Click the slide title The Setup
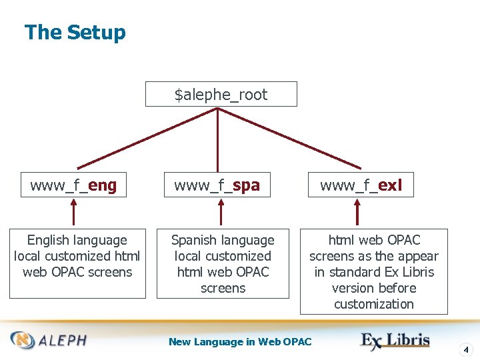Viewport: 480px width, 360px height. point(75,33)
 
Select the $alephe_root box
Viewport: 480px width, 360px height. point(221,95)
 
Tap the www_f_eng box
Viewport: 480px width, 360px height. point(73,185)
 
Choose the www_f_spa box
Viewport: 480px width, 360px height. point(217,185)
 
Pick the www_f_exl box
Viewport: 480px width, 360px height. point(361,185)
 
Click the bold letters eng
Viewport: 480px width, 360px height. point(103,186)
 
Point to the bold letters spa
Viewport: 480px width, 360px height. point(246,186)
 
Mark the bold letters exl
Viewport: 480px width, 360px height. point(390,186)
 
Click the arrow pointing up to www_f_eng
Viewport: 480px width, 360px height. point(73,213)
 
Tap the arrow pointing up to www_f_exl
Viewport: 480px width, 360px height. point(358,213)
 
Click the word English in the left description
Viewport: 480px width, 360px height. point(49,241)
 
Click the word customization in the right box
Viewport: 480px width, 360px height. point(374,304)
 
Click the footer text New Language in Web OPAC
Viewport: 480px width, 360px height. point(240,342)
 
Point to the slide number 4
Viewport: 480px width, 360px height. point(466,349)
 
